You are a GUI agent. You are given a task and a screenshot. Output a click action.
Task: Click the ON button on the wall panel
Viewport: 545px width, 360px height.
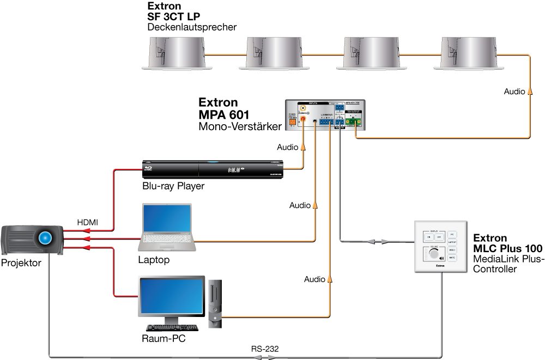[428, 237]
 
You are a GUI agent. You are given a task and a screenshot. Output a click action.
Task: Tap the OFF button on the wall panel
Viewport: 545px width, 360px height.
[438, 237]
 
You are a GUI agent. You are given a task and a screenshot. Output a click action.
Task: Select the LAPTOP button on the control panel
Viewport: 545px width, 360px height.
[452, 242]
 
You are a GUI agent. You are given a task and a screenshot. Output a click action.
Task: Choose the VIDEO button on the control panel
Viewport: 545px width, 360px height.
[452, 249]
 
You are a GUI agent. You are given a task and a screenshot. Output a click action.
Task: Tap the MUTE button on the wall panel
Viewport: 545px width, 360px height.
[452, 257]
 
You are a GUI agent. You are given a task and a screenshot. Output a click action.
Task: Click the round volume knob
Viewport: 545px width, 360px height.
[433, 256]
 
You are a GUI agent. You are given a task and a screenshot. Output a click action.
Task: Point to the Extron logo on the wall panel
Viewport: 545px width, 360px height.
[440, 266]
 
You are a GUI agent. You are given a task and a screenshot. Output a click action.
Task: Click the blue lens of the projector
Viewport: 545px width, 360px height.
[45, 237]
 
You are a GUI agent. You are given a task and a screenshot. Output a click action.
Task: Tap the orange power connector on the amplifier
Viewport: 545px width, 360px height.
[292, 122]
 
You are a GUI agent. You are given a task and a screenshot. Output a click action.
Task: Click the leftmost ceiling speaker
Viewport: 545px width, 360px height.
[177, 53]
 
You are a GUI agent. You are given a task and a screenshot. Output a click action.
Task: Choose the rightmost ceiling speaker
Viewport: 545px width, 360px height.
[468, 53]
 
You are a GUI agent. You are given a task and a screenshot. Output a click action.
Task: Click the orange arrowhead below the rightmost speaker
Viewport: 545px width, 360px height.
[529, 90]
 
